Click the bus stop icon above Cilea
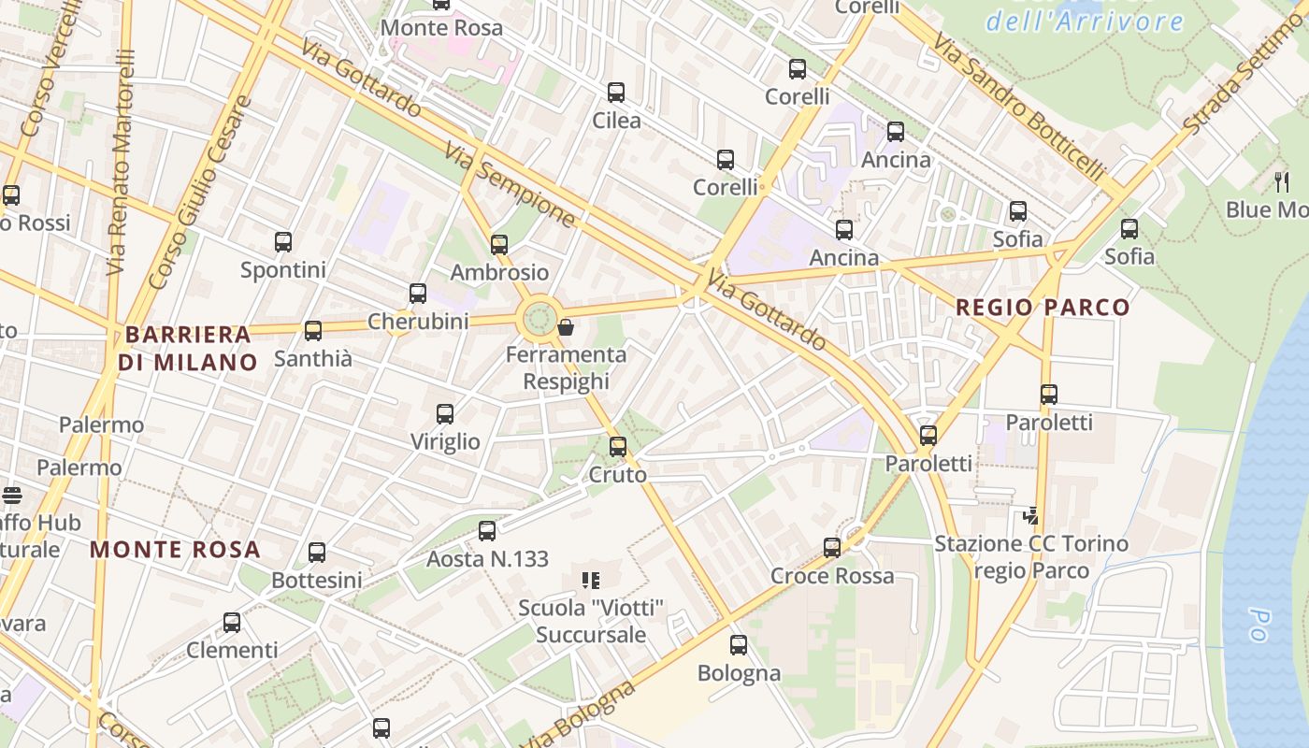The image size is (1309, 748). click(616, 93)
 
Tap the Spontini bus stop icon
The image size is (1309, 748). click(283, 242)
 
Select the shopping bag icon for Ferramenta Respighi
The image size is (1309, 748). click(566, 327)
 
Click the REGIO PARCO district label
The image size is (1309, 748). click(1043, 308)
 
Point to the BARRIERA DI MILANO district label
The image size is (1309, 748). click(188, 348)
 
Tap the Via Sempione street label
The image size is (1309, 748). click(509, 184)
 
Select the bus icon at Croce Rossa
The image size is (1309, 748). click(832, 548)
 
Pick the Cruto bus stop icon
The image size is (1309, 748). click(618, 447)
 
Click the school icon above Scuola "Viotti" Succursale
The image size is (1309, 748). click(591, 582)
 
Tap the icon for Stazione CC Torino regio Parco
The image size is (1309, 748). click(1031, 515)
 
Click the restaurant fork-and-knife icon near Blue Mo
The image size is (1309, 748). click(1282, 181)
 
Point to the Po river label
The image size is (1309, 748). click(1258, 625)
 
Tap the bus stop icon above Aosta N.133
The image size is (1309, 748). click(487, 531)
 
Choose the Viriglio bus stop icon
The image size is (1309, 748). click(445, 414)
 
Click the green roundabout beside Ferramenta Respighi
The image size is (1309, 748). click(539, 319)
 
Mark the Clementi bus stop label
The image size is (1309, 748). click(232, 650)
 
